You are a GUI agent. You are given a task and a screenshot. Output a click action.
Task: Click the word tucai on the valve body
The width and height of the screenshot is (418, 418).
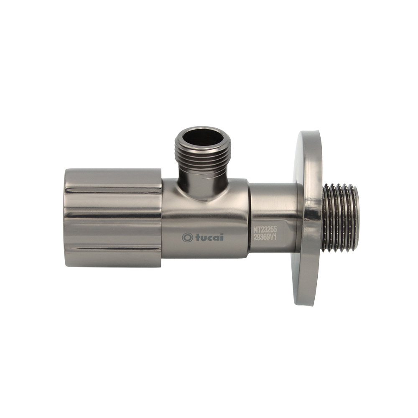coord(209,237)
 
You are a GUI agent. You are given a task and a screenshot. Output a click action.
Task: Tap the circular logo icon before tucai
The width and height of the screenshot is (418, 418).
coord(187,237)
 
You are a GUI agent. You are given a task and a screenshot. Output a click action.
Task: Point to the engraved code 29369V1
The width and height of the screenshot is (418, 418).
coord(265,238)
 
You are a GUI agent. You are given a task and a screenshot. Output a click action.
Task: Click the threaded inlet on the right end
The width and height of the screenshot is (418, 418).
coord(340,217)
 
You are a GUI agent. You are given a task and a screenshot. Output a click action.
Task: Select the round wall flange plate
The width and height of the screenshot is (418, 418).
coord(308,218)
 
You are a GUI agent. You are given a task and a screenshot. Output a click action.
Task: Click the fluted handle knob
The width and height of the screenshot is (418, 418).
coord(113,217)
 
